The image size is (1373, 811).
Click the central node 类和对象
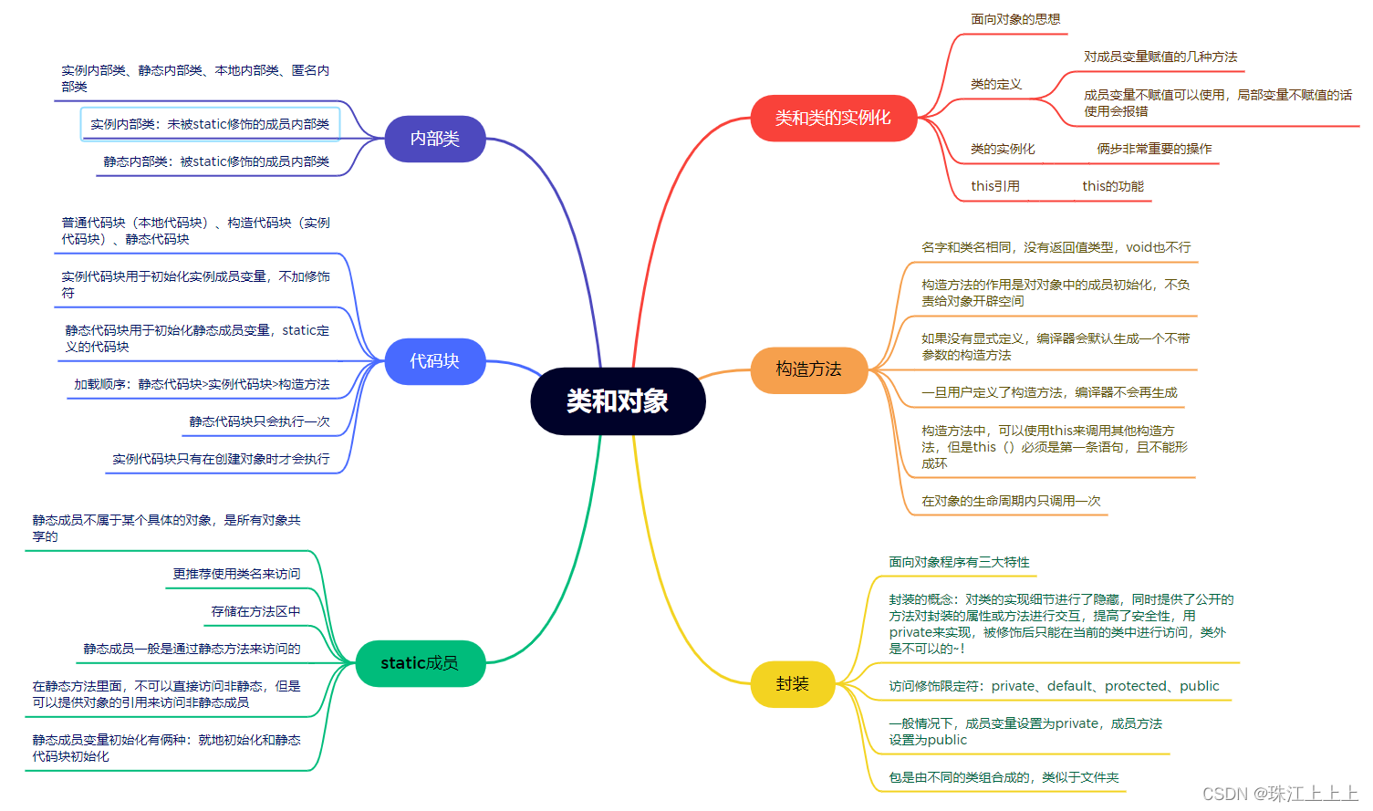[x=618, y=401]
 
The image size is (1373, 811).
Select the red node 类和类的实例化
[x=833, y=118]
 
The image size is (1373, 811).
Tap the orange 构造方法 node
[x=808, y=369]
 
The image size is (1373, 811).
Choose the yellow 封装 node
[x=792, y=684]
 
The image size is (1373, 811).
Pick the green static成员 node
[x=420, y=663]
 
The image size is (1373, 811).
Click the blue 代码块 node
[x=434, y=361]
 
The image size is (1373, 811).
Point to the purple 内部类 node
[x=434, y=139]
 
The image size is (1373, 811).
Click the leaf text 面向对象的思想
[x=1015, y=19]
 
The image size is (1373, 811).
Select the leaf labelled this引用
[x=995, y=186]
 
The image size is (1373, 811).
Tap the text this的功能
[x=1113, y=186]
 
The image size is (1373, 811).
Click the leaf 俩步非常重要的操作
[x=1154, y=149]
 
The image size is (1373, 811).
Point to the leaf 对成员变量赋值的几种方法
[x=1160, y=57]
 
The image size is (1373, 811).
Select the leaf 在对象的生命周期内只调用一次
[x=1011, y=501]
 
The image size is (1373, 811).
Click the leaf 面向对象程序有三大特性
[x=959, y=562]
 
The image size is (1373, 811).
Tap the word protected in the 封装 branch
[x=1136, y=686]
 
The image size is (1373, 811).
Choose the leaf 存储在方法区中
[x=255, y=611]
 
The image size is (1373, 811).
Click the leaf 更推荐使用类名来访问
[x=236, y=574]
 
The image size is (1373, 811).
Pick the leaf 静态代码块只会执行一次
[x=259, y=421]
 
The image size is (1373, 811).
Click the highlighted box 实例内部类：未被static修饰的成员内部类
[x=210, y=124]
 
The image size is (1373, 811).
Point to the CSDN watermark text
[x=1280, y=794]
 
